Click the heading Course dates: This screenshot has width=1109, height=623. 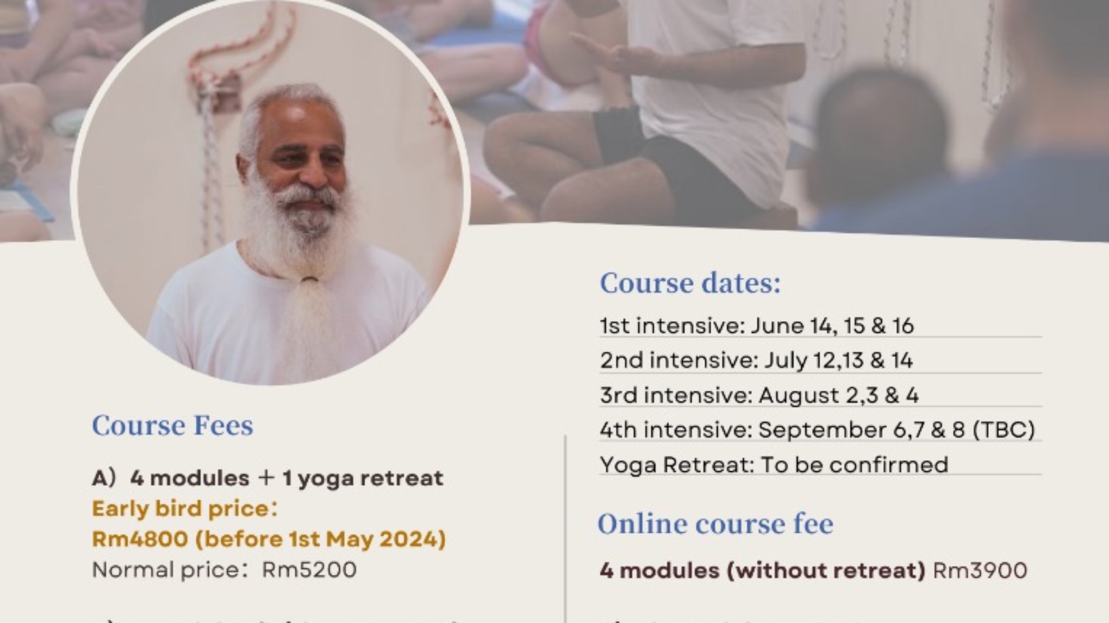pos(690,284)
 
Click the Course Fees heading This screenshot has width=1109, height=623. pos(172,426)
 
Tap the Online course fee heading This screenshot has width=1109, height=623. pos(715,525)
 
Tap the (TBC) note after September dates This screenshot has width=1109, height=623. pos(1003,431)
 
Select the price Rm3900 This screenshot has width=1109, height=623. pos(980,571)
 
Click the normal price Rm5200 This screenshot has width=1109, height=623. pos(309,570)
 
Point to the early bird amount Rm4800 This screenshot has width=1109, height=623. pos(140,539)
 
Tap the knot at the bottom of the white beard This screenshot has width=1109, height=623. pos(310,281)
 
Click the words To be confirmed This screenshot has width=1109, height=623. pos(854,465)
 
